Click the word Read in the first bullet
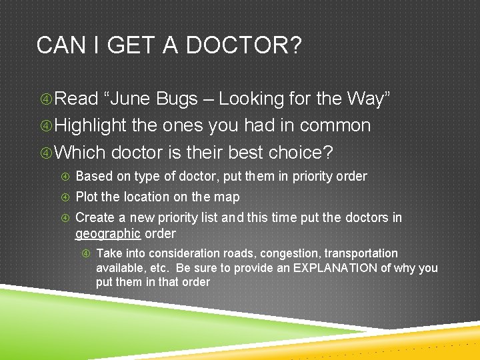point(76,99)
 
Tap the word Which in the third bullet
point(80,152)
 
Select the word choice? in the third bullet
point(300,152)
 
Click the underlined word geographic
point(108,234)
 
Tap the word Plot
point(87,197)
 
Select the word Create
point(95,217)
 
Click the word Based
point(93,176)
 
